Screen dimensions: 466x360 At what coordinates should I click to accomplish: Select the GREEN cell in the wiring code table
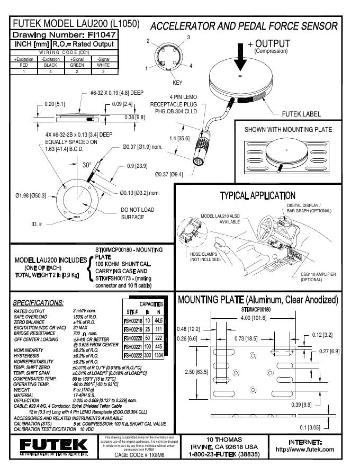(x=77, y=65)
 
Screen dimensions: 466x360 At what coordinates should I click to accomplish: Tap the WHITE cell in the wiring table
(x=103, y=65)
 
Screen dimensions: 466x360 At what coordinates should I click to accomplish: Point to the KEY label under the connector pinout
(x=177, y=83)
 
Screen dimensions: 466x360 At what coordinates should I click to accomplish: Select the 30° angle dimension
(x=87, y=165)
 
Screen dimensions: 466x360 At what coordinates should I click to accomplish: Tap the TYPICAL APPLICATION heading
(x=257, y=196)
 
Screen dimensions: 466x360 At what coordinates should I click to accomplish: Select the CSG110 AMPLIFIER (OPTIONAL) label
(x=318, y=277)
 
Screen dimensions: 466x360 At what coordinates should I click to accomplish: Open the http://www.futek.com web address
(x=305, y=449)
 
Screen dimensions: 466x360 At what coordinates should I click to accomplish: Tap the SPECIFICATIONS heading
(x=38, y=302)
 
